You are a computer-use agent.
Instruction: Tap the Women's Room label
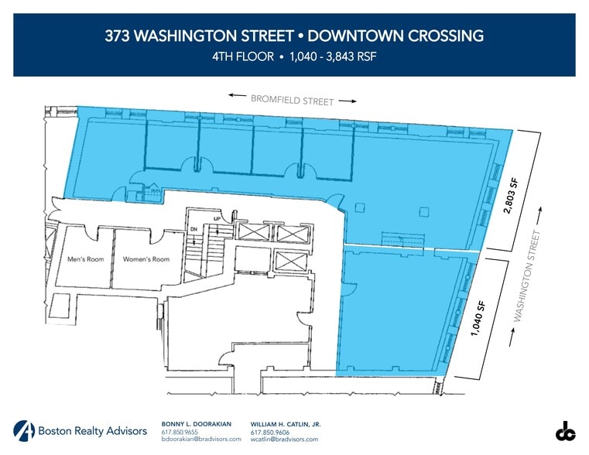click(x=146, y=259)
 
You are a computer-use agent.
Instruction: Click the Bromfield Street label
click(x=292, y=100)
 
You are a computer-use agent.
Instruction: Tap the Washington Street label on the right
click(x=527, y=277)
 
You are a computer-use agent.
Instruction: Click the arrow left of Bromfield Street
click(x=237, y=95)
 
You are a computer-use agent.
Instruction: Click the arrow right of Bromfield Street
click(x=348, y=101)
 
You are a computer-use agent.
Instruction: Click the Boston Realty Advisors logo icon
click(x=23, y=431)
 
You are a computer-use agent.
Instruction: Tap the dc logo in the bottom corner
click(x=565, y=431)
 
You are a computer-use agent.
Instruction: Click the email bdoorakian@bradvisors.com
click(x=201, y=439)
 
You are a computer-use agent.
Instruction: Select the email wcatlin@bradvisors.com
click(x=284, y=439)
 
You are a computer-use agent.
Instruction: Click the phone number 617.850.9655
click(x=180, y=432)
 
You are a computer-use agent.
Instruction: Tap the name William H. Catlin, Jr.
click(x=286, y=424)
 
